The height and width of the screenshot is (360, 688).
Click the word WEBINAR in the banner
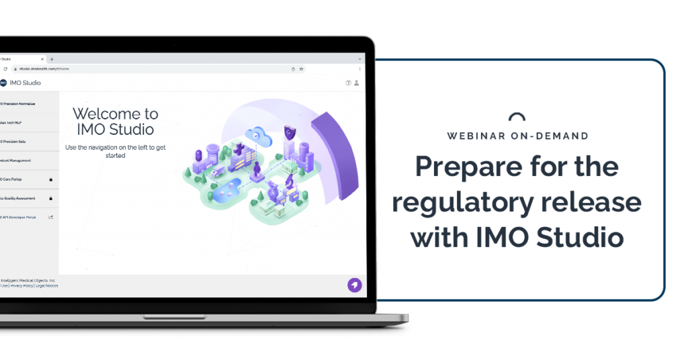click(475, 136)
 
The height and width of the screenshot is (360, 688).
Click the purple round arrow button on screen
click(354, 285)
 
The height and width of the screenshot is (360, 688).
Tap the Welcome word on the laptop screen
click(105, 114)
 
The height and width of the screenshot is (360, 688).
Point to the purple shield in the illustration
click(290, 132)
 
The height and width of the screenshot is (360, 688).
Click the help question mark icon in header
click(348, 83)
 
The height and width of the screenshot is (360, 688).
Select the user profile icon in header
click(357, 83)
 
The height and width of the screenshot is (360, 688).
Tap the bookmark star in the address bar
click(302, 69)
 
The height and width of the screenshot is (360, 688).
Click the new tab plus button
click(52, 59)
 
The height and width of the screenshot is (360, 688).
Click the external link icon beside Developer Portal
click(51, 217)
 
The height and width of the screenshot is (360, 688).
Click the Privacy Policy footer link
click(22, 286)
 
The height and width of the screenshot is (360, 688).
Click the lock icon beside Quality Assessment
click(51, 198)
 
